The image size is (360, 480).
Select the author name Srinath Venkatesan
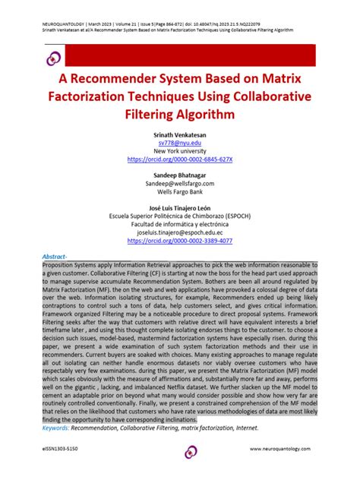[180, 134]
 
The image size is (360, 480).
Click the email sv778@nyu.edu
[180, 142]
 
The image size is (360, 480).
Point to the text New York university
[180, 151]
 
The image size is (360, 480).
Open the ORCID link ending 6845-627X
[180, 159]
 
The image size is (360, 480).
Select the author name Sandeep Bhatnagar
[180, 176]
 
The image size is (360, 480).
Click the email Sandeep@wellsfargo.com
[180, 185]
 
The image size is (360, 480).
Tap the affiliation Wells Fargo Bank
[180, 193]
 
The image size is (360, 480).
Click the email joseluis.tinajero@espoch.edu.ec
[180, 232]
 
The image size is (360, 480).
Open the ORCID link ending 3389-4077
[180, 241]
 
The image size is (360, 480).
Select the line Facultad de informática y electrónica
[180, 224]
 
